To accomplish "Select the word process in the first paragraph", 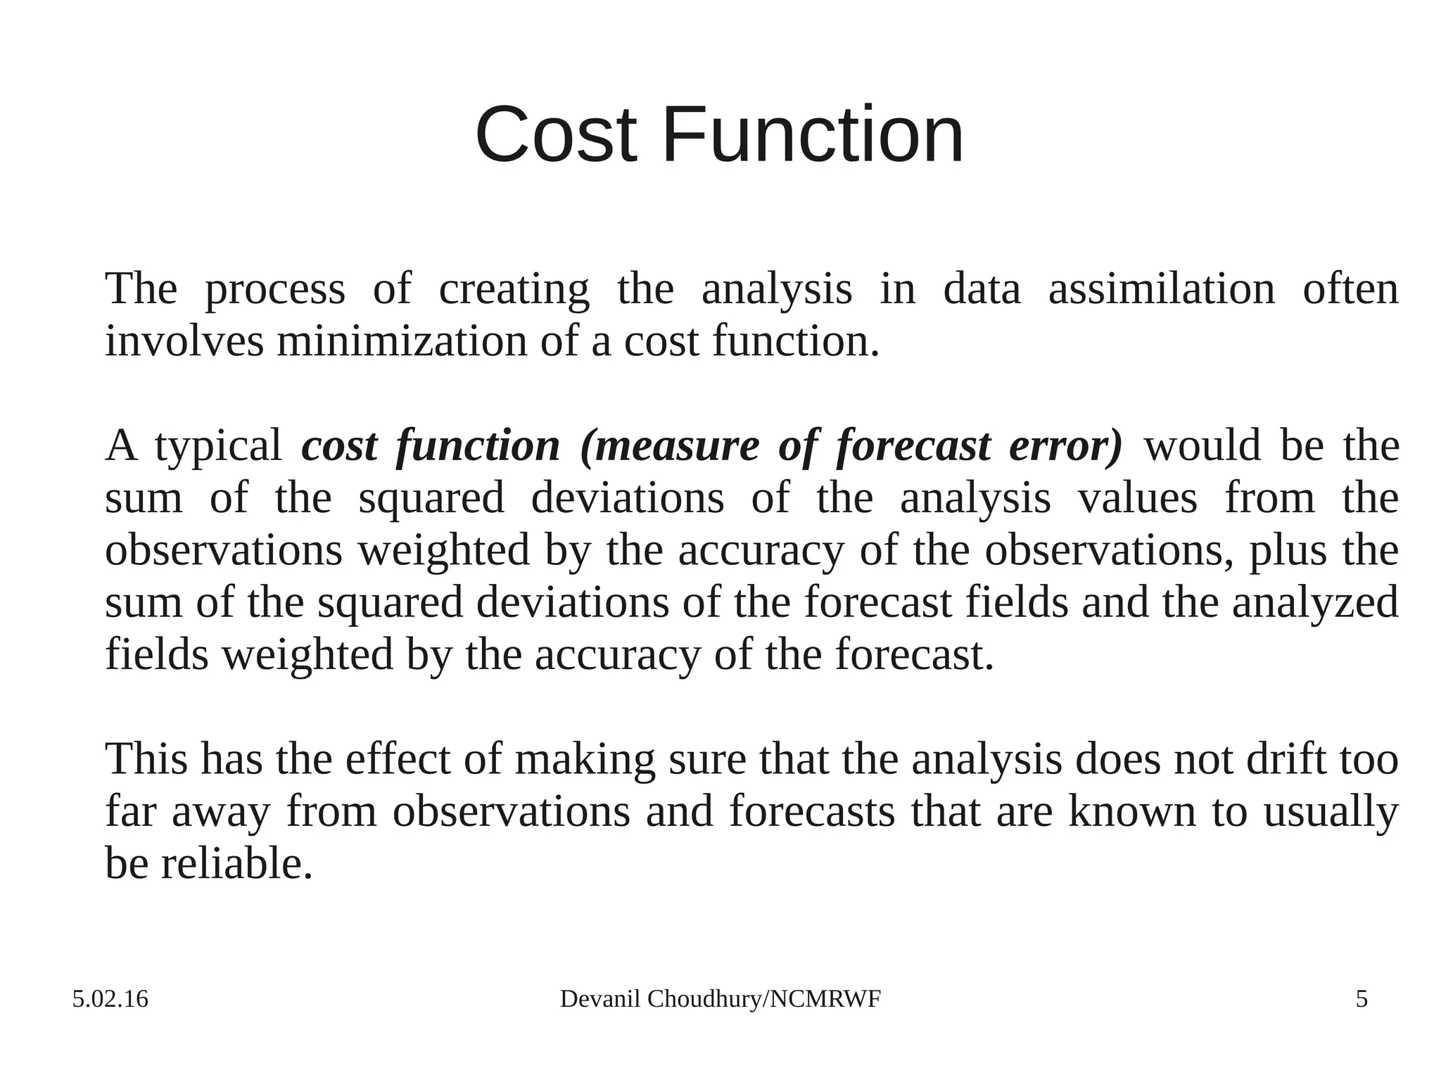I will [274, 290].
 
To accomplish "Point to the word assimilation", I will [1161, 288].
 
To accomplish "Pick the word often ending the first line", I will [1350, 288].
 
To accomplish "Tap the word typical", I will [218, 447].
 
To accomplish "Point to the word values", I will [1137, 498].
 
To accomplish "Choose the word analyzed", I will [1314, 603].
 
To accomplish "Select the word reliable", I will [236, 863].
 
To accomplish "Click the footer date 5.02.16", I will [110, 999].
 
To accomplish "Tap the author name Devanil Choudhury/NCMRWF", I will [720, 999].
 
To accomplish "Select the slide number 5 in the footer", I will [1361, 999].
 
